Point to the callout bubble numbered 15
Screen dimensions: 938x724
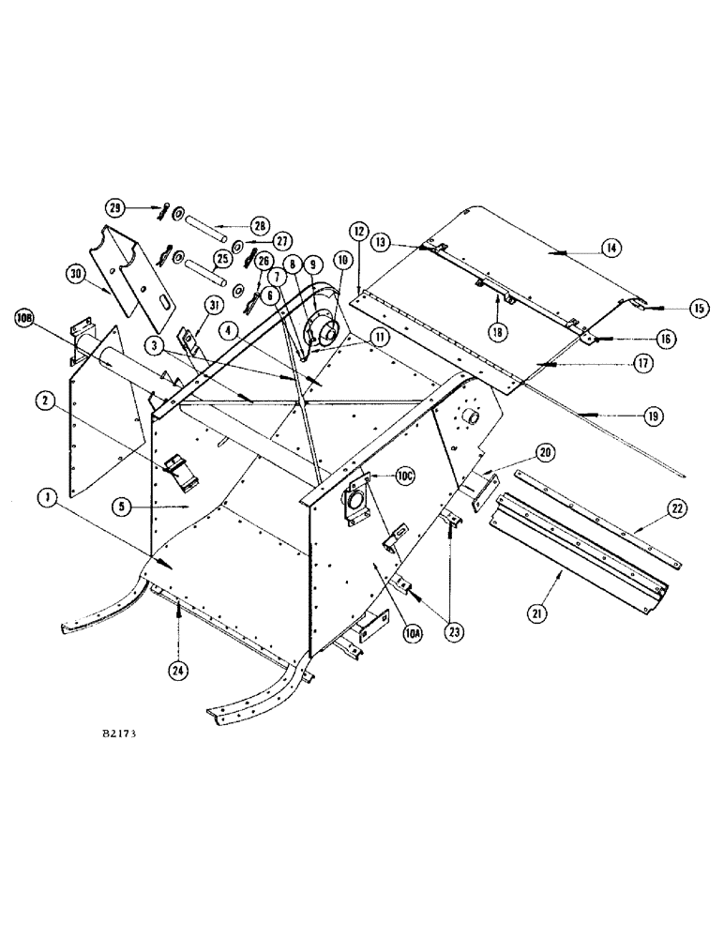pyautogui.click(x=672, y=307)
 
